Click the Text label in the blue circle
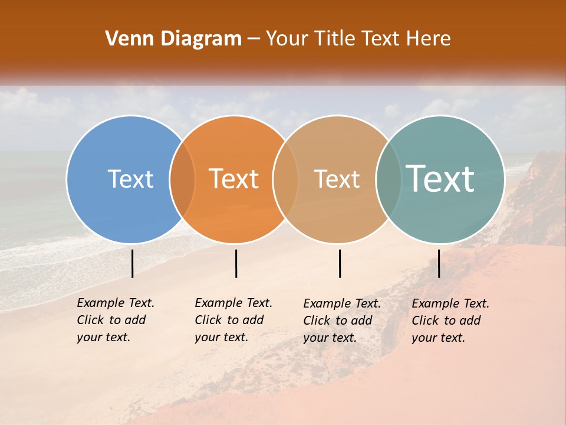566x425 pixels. [x=130, y=179]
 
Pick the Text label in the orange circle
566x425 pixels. [x=233, y=179]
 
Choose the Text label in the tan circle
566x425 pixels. [x=337, y=179]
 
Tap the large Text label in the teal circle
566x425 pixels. [x=440, y=178]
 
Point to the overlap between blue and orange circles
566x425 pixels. [x=182, y=179]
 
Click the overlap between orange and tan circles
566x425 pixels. [x=285, y=179]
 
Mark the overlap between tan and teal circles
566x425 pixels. [x=388, y=179]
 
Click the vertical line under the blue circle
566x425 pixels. [x=133, y=263]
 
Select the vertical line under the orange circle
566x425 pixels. [x=236, y=263]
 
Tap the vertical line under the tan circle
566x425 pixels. [x=340, y=263]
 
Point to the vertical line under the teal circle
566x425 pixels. [x=439, y=263]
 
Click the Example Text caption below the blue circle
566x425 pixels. [x=115, y=320]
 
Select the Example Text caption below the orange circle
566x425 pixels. [x=233, y=320]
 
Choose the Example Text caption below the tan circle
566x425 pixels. [x=341, y=321]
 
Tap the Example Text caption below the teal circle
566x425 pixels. [x=450, y=321]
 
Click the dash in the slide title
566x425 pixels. [x=254, y=40]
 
